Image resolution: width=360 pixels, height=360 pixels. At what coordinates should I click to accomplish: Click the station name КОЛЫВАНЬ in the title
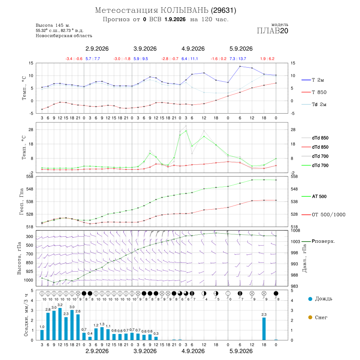click(184, 10)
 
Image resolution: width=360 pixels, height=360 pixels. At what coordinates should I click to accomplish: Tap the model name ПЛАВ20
click(272, 30)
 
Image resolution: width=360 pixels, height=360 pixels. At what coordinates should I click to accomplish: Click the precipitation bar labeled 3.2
click(60, 324)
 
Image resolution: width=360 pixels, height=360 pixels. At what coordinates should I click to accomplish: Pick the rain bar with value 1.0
click(42, 335)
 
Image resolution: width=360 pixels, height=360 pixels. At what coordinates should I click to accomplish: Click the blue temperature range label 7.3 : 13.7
click(238, 59)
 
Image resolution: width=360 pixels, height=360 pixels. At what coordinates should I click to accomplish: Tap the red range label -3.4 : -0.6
click(74, 59)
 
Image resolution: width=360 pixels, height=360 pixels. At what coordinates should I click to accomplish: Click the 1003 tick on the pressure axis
click(296, 242)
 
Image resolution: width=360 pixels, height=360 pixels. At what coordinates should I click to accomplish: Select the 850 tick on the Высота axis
click(29, 263)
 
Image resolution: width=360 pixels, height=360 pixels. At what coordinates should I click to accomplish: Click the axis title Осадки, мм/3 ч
click(26, 315)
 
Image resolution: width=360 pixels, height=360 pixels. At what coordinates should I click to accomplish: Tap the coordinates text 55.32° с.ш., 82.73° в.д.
click(60, 30)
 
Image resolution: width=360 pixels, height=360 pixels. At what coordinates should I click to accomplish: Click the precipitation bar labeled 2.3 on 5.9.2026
click(264, 329)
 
